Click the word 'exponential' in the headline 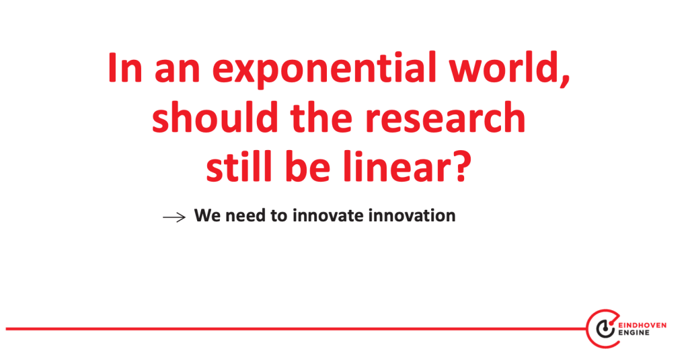tap(324, 70)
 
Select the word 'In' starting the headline tap(124, 67)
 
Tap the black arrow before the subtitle tap(174, 217)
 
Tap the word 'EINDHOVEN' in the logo tap(642, 325)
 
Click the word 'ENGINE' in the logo tap(634, 333)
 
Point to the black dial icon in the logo tap(605, 329)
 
